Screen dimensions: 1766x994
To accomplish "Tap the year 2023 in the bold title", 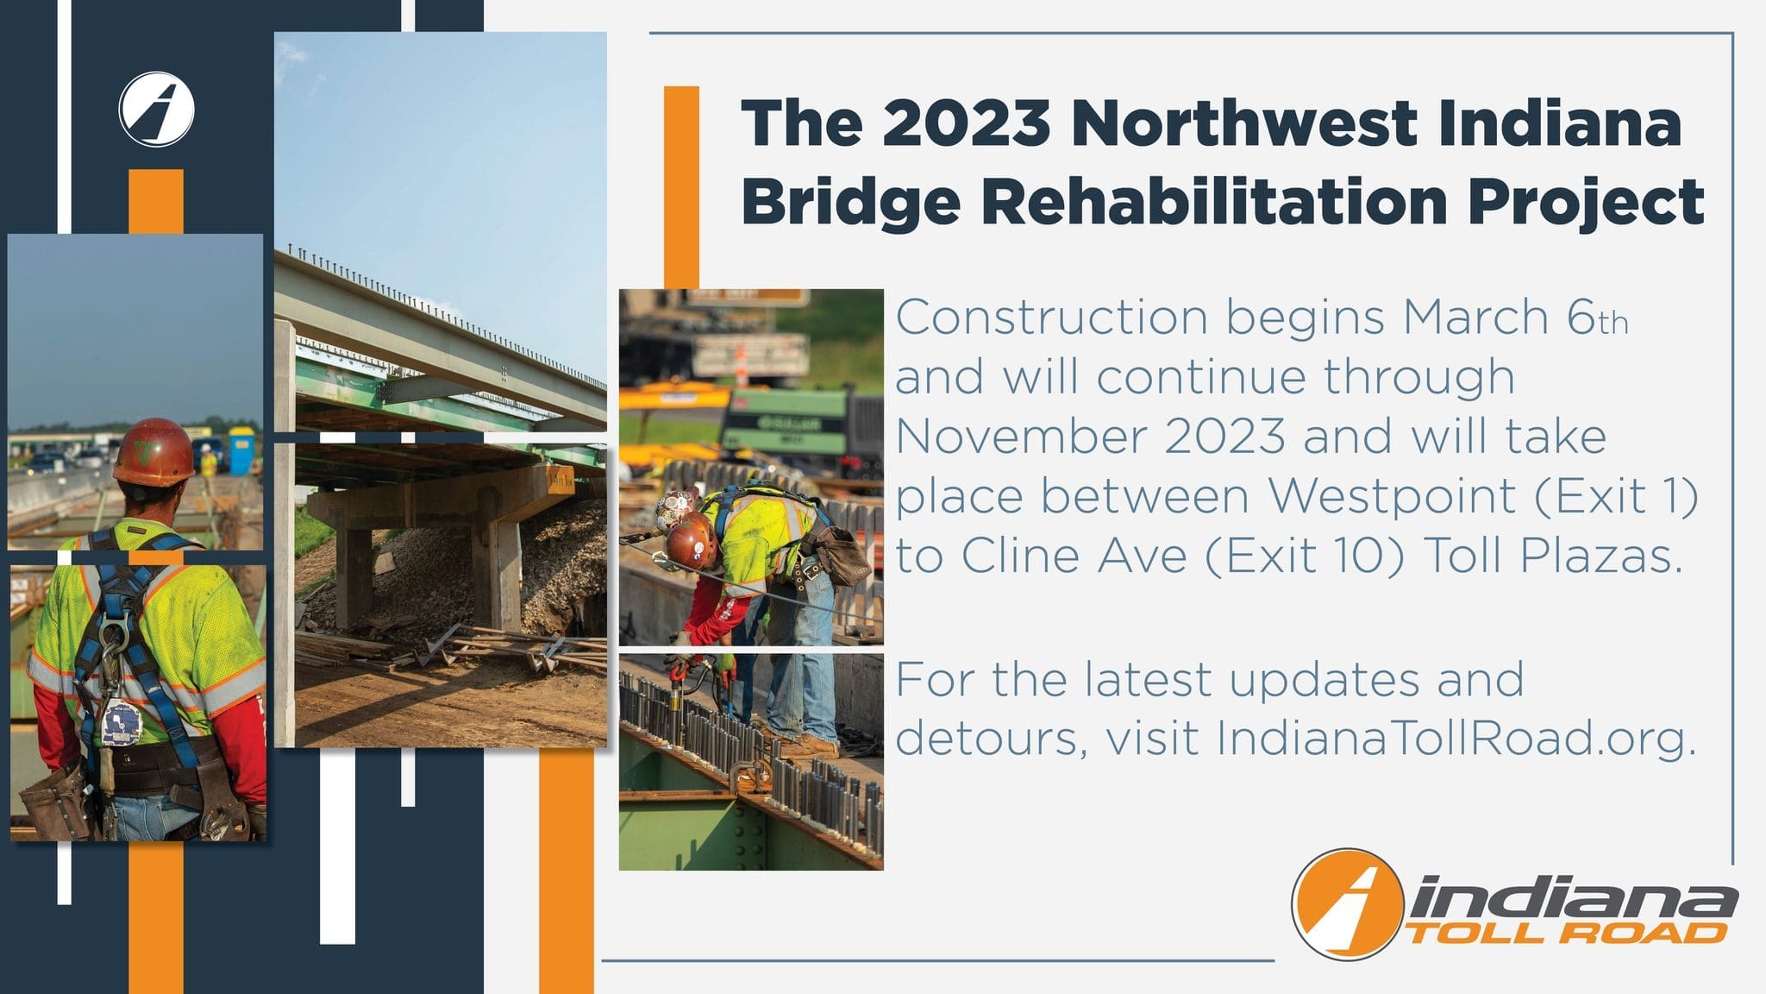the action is (x=966, y=123).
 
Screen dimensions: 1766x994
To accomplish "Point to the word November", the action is (x=1021, y=437).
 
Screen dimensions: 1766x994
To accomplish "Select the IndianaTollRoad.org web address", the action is (x=1457, y=736).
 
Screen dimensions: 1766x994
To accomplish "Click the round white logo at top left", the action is (x=156, y=110).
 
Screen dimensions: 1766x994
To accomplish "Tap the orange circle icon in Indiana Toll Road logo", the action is (x=1349, y=904).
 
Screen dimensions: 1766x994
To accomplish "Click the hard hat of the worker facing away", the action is (x=153, y=452).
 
